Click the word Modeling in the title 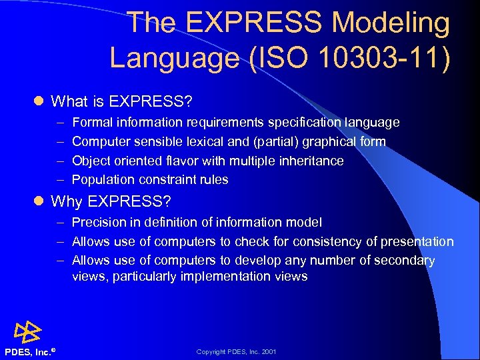(391, 23)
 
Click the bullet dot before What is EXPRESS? (38, 102)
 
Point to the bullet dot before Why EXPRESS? (38, 201)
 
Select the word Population (103, 180)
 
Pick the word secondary (405, 261)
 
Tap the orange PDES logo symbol (28, 331)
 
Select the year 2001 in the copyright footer (269, 351)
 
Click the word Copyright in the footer (211, 351)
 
